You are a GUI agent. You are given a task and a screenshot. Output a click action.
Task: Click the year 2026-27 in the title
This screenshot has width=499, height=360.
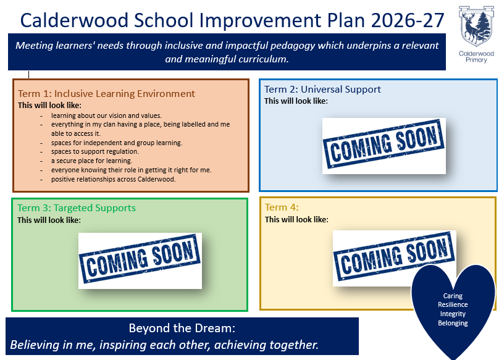click(x=408, y=20)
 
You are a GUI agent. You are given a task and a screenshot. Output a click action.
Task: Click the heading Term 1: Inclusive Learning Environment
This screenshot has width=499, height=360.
click(x=106, y=94)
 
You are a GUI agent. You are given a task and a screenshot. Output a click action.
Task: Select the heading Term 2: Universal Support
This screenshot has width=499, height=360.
click(x=322, y=90)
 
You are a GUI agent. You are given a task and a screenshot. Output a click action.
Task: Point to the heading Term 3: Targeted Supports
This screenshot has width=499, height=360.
click(x=77, y=208)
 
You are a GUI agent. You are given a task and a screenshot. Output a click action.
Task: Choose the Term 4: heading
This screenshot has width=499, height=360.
click(x=282, y=207)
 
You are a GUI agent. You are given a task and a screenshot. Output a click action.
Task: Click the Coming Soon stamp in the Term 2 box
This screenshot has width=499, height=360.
click(x=384, y=146)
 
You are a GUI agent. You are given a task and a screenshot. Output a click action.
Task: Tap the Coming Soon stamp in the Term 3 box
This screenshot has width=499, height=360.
click(x=140, y=261)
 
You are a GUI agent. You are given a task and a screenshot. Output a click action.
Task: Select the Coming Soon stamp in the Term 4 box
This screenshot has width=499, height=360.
click(x=394, y=258)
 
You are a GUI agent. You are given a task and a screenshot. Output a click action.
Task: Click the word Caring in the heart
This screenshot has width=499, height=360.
click(x=453, y=296)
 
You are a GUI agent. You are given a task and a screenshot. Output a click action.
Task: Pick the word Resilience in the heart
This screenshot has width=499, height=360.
click(x=453, y=304)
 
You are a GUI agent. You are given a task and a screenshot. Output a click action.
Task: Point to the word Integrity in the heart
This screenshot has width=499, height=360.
click(x=453, y=314)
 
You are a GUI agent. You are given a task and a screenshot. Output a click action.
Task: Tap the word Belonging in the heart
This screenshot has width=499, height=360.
click(x=453, y=323)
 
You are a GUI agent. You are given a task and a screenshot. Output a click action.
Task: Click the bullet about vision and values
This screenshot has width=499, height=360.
click(x=106, y=115)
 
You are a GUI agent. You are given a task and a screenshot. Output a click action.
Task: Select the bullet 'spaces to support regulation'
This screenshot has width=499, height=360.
click(x=95, y=151)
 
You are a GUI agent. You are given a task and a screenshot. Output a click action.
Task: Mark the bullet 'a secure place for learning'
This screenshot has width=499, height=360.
click(x=91, y=161)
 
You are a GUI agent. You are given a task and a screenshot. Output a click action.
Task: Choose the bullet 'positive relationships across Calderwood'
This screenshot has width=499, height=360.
click(x=113, y=179)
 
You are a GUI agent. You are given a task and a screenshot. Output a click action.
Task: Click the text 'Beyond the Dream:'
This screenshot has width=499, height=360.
click(x=182, y=328)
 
